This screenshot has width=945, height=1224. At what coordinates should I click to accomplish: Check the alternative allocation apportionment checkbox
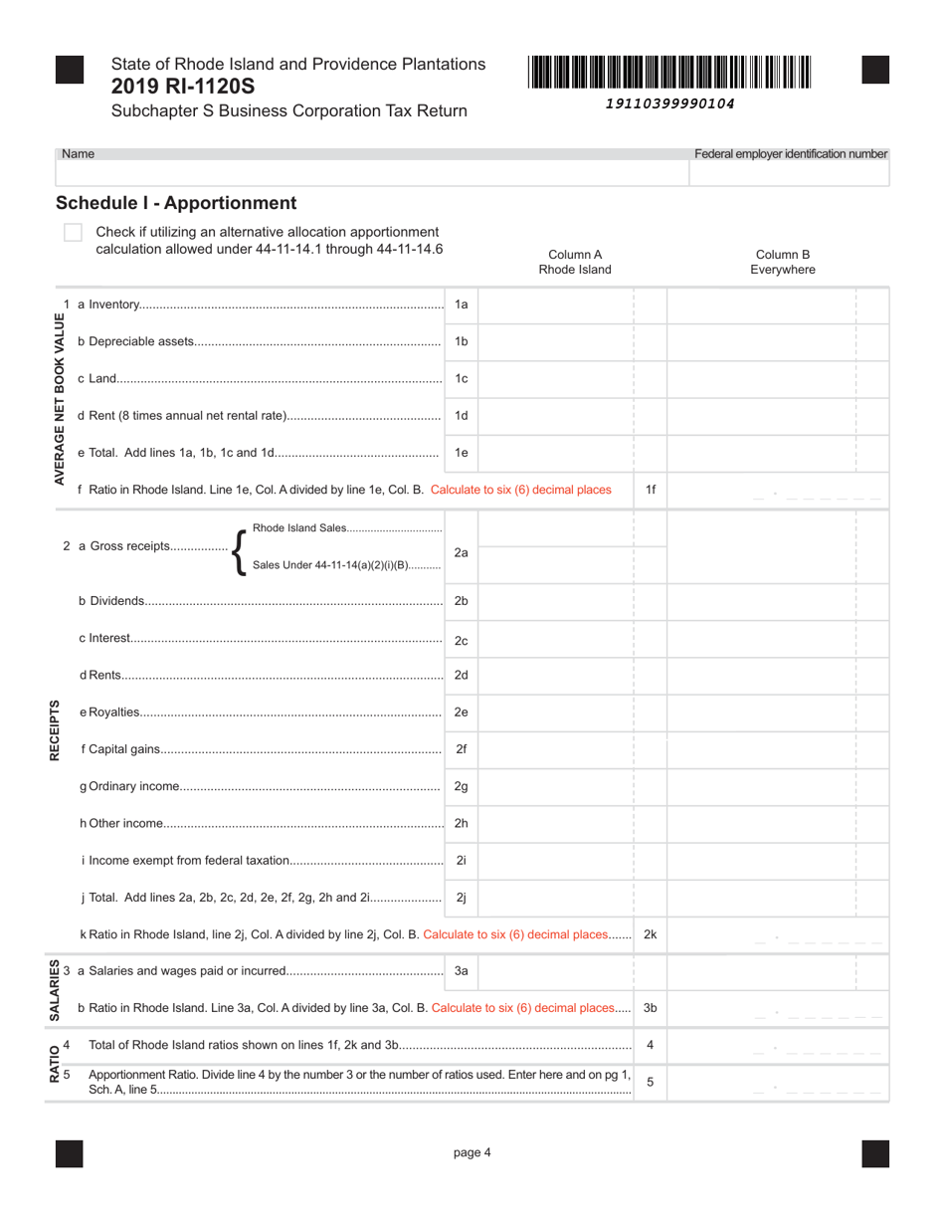[x=73, y=232]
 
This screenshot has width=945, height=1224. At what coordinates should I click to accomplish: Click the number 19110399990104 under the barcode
[x=670, y=103]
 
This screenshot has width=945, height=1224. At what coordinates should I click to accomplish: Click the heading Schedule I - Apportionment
[x=176, y=203]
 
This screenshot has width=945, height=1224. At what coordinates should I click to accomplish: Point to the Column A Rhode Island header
[x=575, y=262]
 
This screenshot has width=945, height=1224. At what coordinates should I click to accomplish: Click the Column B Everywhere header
[x=783, y=262]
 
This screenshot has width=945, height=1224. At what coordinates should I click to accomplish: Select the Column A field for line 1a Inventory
[x=556, y=305]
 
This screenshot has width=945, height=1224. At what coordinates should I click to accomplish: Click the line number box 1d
[x=461, y=416]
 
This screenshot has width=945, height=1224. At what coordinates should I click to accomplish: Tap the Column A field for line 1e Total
[x=556, y=453]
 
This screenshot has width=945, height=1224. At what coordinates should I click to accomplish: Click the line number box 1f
[x=651, y=490]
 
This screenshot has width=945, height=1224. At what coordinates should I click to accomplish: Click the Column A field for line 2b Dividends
[x=556, y=601]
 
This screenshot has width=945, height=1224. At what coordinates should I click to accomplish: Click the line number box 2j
[x=461, y=898]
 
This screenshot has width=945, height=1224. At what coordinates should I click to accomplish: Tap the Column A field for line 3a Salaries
[x=556, y=970]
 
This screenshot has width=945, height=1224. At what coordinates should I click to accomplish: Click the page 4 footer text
[x=472, y=1153]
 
